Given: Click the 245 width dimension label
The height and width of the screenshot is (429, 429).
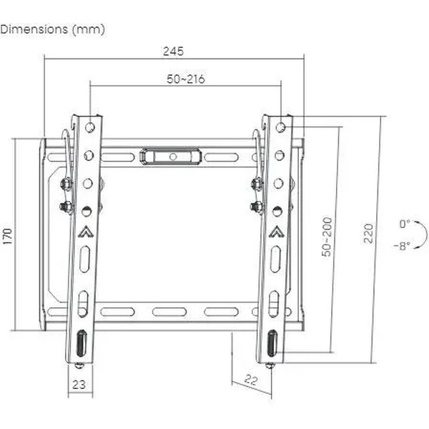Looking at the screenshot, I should coord(173,51).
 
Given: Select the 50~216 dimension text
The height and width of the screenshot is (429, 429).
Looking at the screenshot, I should coord(186,79).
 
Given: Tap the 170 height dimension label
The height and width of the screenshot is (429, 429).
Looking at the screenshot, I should coord(8,235).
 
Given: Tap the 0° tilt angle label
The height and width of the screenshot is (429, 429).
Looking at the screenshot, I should coord(405,224).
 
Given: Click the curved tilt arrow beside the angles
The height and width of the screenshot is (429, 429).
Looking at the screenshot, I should coord(423,235).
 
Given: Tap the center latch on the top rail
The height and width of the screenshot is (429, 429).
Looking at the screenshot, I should coord(171,155).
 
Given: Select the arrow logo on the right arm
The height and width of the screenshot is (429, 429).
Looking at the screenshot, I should coord(276,232).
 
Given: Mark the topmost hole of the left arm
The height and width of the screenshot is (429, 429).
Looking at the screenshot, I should coord(89,127).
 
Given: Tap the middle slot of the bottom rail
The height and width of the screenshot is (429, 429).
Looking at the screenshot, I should coord(169,312).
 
